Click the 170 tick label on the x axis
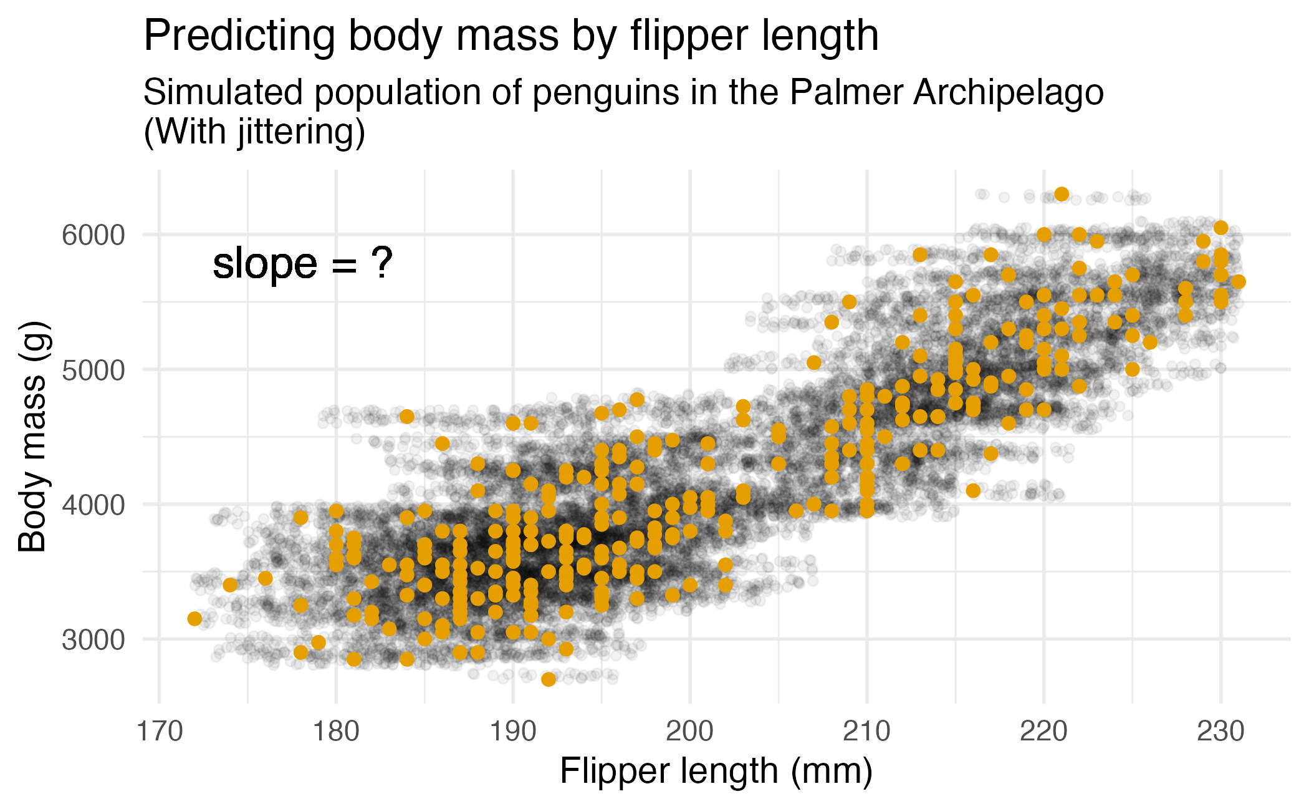tap(160, 732)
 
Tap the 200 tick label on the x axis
tap(689, 732)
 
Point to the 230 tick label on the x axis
tap(1220, 732)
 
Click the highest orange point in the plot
tap(1062, 194)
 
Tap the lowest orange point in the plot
tap(549, 679)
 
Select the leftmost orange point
tap(194, 619)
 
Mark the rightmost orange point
tap(1239, 282)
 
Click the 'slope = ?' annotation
tap(302, 263)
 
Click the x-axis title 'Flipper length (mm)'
tap(716, 771)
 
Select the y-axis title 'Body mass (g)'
tap(32, 437)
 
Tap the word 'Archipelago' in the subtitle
tap(1009, 94)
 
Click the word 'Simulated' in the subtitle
tap(223, 92)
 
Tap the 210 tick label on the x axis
tap(866, 732)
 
